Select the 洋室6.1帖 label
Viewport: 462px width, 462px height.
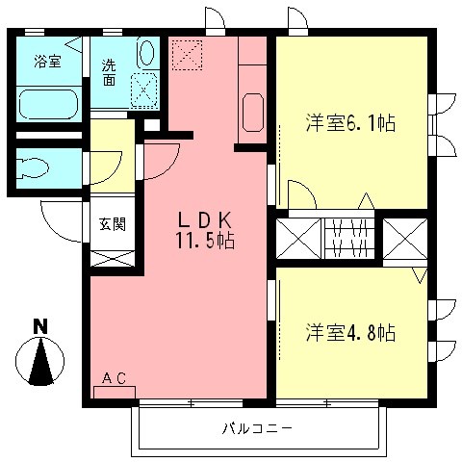(x=351, y=124)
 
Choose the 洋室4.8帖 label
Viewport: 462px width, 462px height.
(x=351, y=333)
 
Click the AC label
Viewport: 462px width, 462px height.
(x=115, y=379)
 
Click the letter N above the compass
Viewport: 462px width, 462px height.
(x=39, y=325)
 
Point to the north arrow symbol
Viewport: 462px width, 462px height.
(x=40, y=363)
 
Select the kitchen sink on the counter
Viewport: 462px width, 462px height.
(x=252, y=113)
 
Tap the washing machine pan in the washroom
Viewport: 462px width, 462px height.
(x=144, y=90)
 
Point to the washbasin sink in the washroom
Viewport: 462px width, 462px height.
(x=146, y=51)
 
